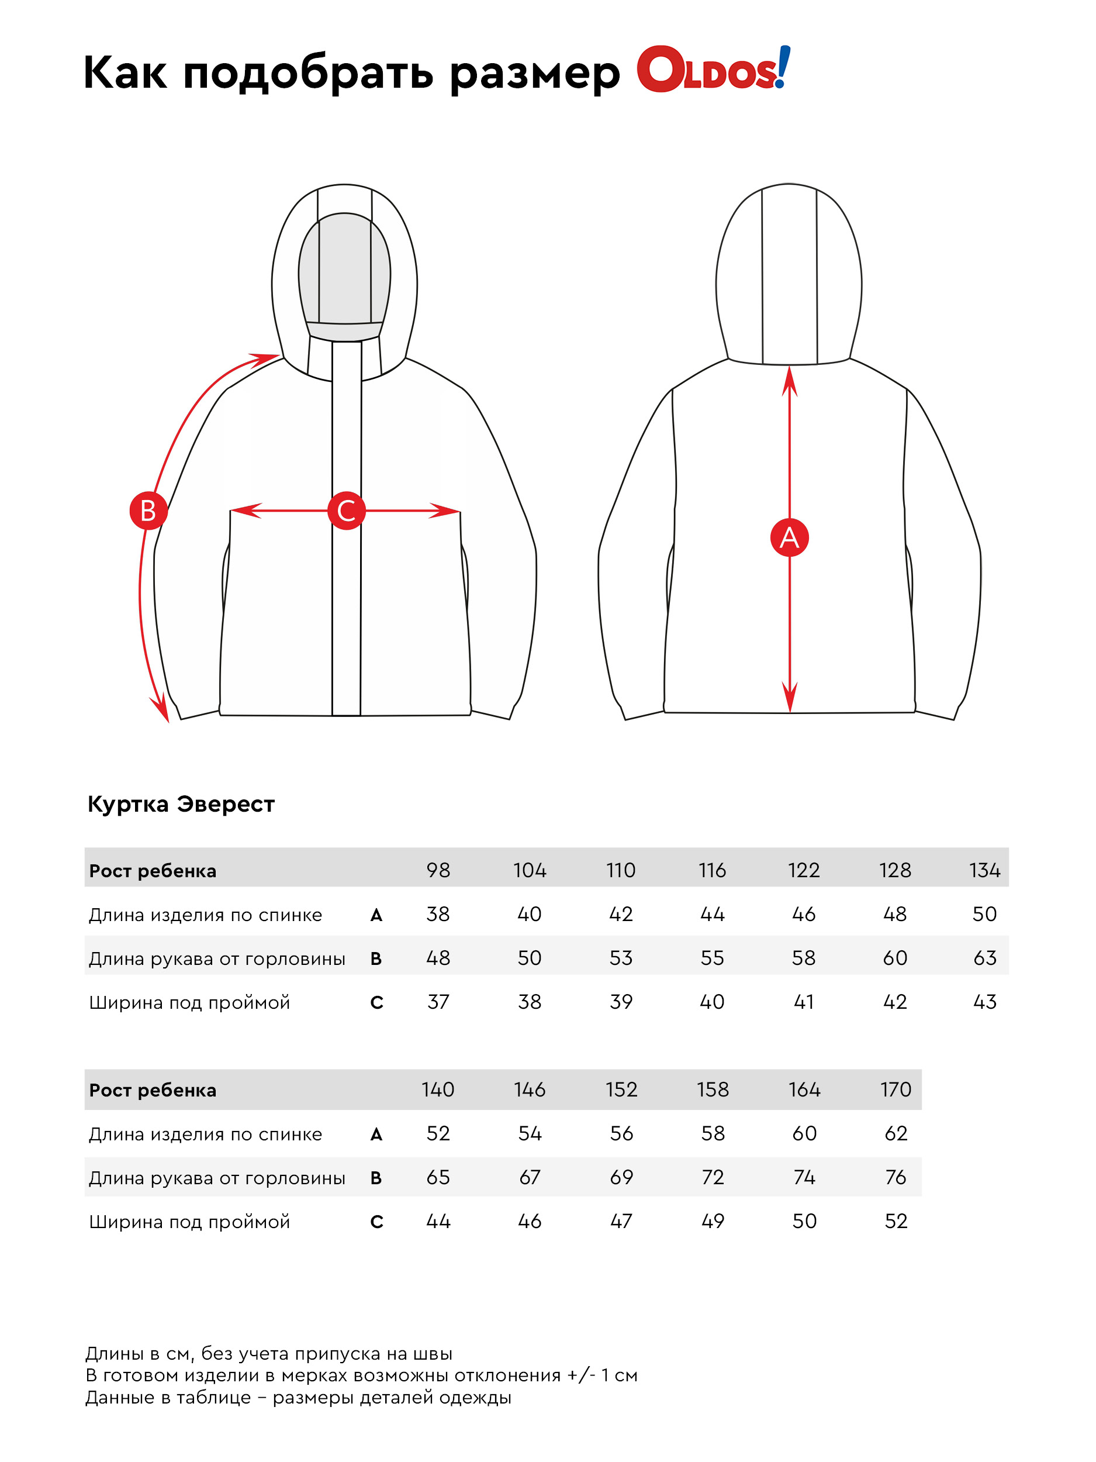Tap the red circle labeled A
point(790,537)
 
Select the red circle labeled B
point(148,511)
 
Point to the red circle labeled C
point(346,511)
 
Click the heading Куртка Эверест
point(181,804)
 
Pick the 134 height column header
point(984,870)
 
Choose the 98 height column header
point(438,870)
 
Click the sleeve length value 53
point(621,958)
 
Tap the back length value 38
point(438,914)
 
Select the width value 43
point(984,1001)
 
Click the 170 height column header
point(895,1089)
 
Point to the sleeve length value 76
point(895,1177)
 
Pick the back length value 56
point(621,1133)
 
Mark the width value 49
point(712,1220)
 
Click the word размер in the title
point(535,73)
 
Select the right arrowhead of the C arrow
point(445,511)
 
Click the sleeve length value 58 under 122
point(803,958)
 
